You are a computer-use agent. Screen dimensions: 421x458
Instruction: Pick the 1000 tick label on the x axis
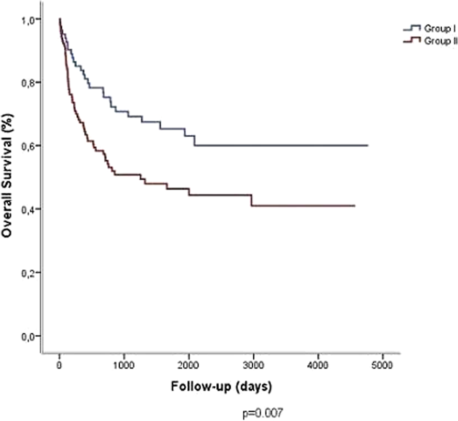124,365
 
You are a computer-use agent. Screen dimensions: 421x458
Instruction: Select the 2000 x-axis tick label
189,365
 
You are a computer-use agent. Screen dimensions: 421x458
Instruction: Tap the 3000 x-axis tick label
253,365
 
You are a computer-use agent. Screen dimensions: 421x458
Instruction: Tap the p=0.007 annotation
263,413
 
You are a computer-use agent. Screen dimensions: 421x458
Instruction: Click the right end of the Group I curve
368,145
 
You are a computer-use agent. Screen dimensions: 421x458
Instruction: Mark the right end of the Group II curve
355,206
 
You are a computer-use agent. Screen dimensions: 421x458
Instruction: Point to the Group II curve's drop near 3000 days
251,200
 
